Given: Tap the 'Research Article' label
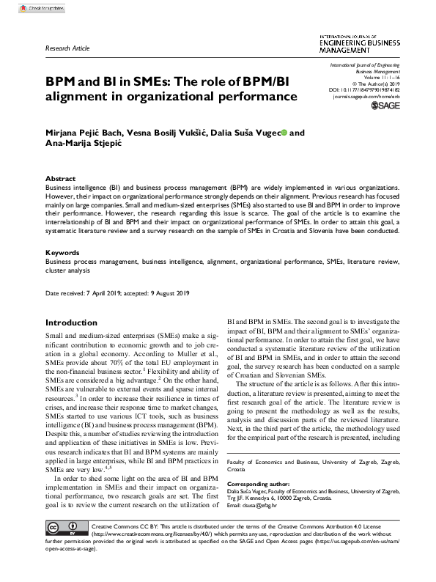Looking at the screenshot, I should point(67,48).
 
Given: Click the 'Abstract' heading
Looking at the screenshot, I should point(60,179).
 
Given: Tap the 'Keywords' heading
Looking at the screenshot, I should point(62,252).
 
